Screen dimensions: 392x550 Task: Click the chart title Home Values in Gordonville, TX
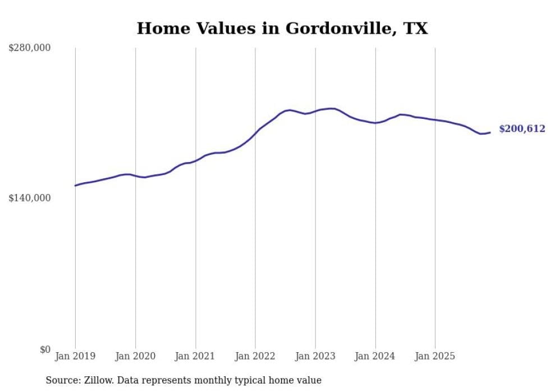[282, 28]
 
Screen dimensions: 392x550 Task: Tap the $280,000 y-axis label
[29, 48]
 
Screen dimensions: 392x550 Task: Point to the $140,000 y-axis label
[29, 198]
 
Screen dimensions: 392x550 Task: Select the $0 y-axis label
[45, 349]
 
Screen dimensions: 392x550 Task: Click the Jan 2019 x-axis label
[75, 356]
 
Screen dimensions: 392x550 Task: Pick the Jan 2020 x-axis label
[135, 356]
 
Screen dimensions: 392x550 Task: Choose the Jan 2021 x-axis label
[195, 356]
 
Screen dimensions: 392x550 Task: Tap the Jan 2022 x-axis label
[255, 356]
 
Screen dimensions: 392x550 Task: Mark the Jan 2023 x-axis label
[315, 356]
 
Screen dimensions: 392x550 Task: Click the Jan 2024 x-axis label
[375, 356]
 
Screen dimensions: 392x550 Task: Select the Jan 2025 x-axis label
[435, 356]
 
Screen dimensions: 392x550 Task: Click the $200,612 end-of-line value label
[522, 129]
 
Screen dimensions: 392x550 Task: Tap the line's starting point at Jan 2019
[75, 186]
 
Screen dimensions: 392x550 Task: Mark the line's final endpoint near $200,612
[490, 132]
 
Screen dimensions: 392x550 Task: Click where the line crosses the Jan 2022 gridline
[255, 132]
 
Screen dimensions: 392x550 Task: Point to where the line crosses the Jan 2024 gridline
[375, 122]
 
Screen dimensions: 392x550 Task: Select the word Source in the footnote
[62, 380]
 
